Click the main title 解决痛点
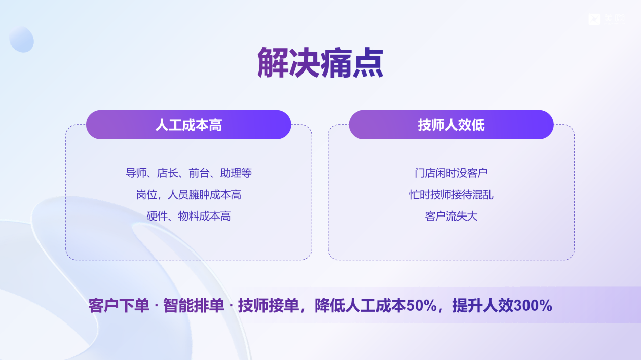pyautogui.click(x=320, y=63)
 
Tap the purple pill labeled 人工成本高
pyautogui.click(x=188, y=125)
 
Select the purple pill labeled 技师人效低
pyautogui.click(x=451, y=125)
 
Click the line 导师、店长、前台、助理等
pyautogui.click(x=188, y=173)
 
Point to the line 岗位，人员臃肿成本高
pyautogui.click(x=188, y=195)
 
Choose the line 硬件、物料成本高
pyautogui.click(x=188, y=216)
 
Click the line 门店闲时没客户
pyautogui.click(x=451, y=173)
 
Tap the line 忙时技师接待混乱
pyautogui.click(x=451, y=195)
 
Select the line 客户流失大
pyautogui.click(x=451, y=216)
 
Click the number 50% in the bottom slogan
pyautogui.click(x=422, y=306)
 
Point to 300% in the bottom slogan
pyautogui.click(x=533, y=306)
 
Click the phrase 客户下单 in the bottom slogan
pyautogui.click(x=119, y=306)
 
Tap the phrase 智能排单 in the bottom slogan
pyautogui.click(x=194, y=306)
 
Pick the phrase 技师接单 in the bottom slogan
pyautogui.click(x=269, y=306)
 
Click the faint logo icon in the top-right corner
pyautogui.click(x=594, y=19)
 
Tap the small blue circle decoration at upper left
pyautogui.click(x=21, y=40)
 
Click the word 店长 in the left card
pyautogui.click(x=167, y=173)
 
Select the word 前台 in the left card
pyautogui.click(x=199, y=173)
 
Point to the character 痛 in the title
pyautogui.click(x=336, y=63)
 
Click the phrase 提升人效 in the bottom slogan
pyautogui.click(x=483, y=306)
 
